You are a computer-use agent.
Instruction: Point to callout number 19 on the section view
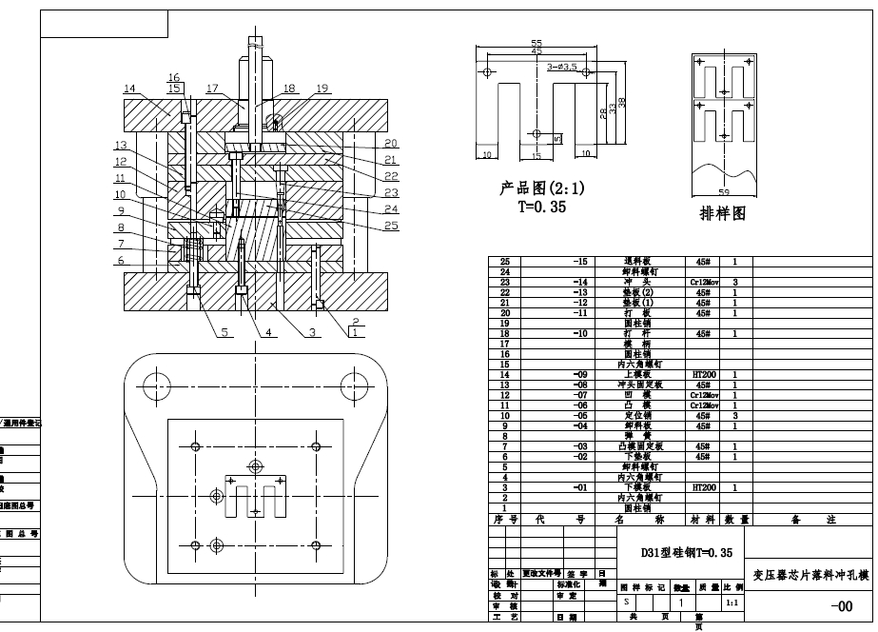[322, 89]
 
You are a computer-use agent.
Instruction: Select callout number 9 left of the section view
[122, 210]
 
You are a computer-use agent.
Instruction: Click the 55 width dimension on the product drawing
[537, 44]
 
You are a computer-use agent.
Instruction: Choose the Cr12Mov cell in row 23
[704, 283]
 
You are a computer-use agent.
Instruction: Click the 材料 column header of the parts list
[704, 521]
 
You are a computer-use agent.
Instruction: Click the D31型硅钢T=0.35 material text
[686, 551]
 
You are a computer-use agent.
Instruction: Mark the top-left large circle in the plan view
[155, 385]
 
